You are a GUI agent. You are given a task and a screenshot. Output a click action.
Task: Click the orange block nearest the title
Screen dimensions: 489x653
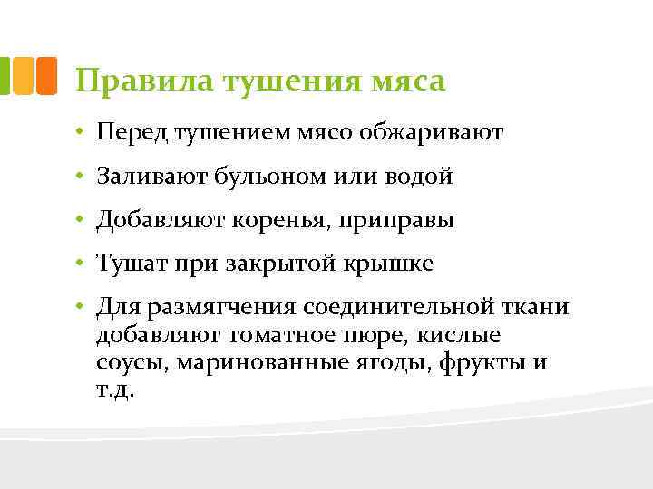(47, 76)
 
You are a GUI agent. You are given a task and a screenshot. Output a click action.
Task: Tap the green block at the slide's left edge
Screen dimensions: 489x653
(5, 76)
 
